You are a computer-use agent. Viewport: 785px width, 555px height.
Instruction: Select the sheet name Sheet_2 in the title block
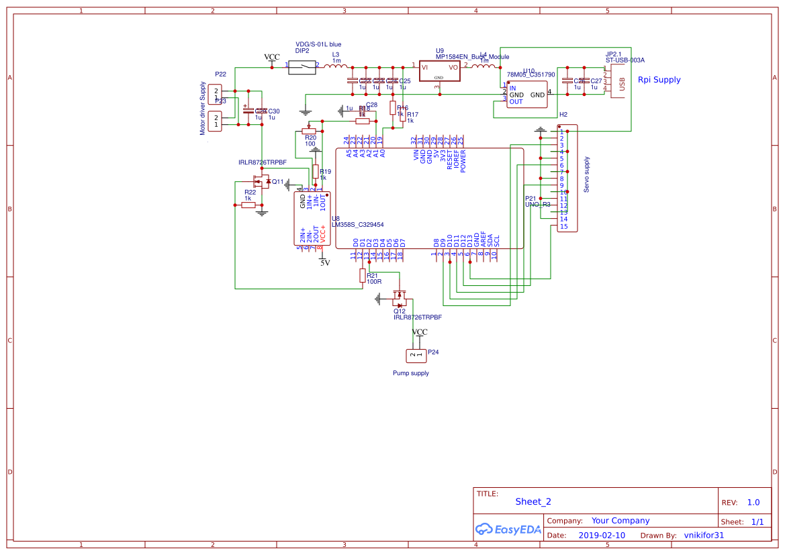coord(533,501)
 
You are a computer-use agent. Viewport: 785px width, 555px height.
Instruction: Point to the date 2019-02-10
coord(601,536)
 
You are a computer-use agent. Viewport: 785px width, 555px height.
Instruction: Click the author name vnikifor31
coord(704,536)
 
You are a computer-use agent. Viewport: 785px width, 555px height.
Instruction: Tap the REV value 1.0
coord(753,502)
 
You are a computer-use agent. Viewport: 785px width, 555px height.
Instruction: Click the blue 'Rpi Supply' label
coord(659,80)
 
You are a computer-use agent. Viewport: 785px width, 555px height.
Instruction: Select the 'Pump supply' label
coord(410,373)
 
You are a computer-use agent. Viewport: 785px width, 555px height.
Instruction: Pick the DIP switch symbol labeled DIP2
coord(302,66)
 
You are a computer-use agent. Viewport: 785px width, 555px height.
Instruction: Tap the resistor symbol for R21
coord(363,275)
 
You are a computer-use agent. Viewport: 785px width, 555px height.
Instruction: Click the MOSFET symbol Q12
coord(400,300)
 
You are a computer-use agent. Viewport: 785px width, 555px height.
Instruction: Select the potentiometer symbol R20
coord(309,132)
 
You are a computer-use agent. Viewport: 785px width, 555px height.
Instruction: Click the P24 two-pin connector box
coord(416,355)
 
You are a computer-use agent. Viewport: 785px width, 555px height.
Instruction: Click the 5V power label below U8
coord(324,263)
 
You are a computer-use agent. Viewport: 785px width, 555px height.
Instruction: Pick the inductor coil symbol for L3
coord(336,66)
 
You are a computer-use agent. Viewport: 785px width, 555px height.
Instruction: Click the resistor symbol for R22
coord(248,205)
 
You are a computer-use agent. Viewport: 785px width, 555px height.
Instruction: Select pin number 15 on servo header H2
coord(564,226)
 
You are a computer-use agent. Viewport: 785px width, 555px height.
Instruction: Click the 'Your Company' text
coord(620,521)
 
